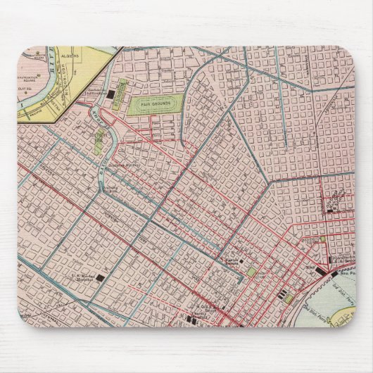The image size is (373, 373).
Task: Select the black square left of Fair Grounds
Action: pyautogui.click(x=113, y=94)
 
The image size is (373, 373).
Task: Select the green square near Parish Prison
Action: pyautogui.click(x=251, y=271)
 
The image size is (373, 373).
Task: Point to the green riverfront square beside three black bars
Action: pyautogui.click(x=289, y=298)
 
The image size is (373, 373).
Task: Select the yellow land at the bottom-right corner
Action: pyautogui.click(x=345, y=310)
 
